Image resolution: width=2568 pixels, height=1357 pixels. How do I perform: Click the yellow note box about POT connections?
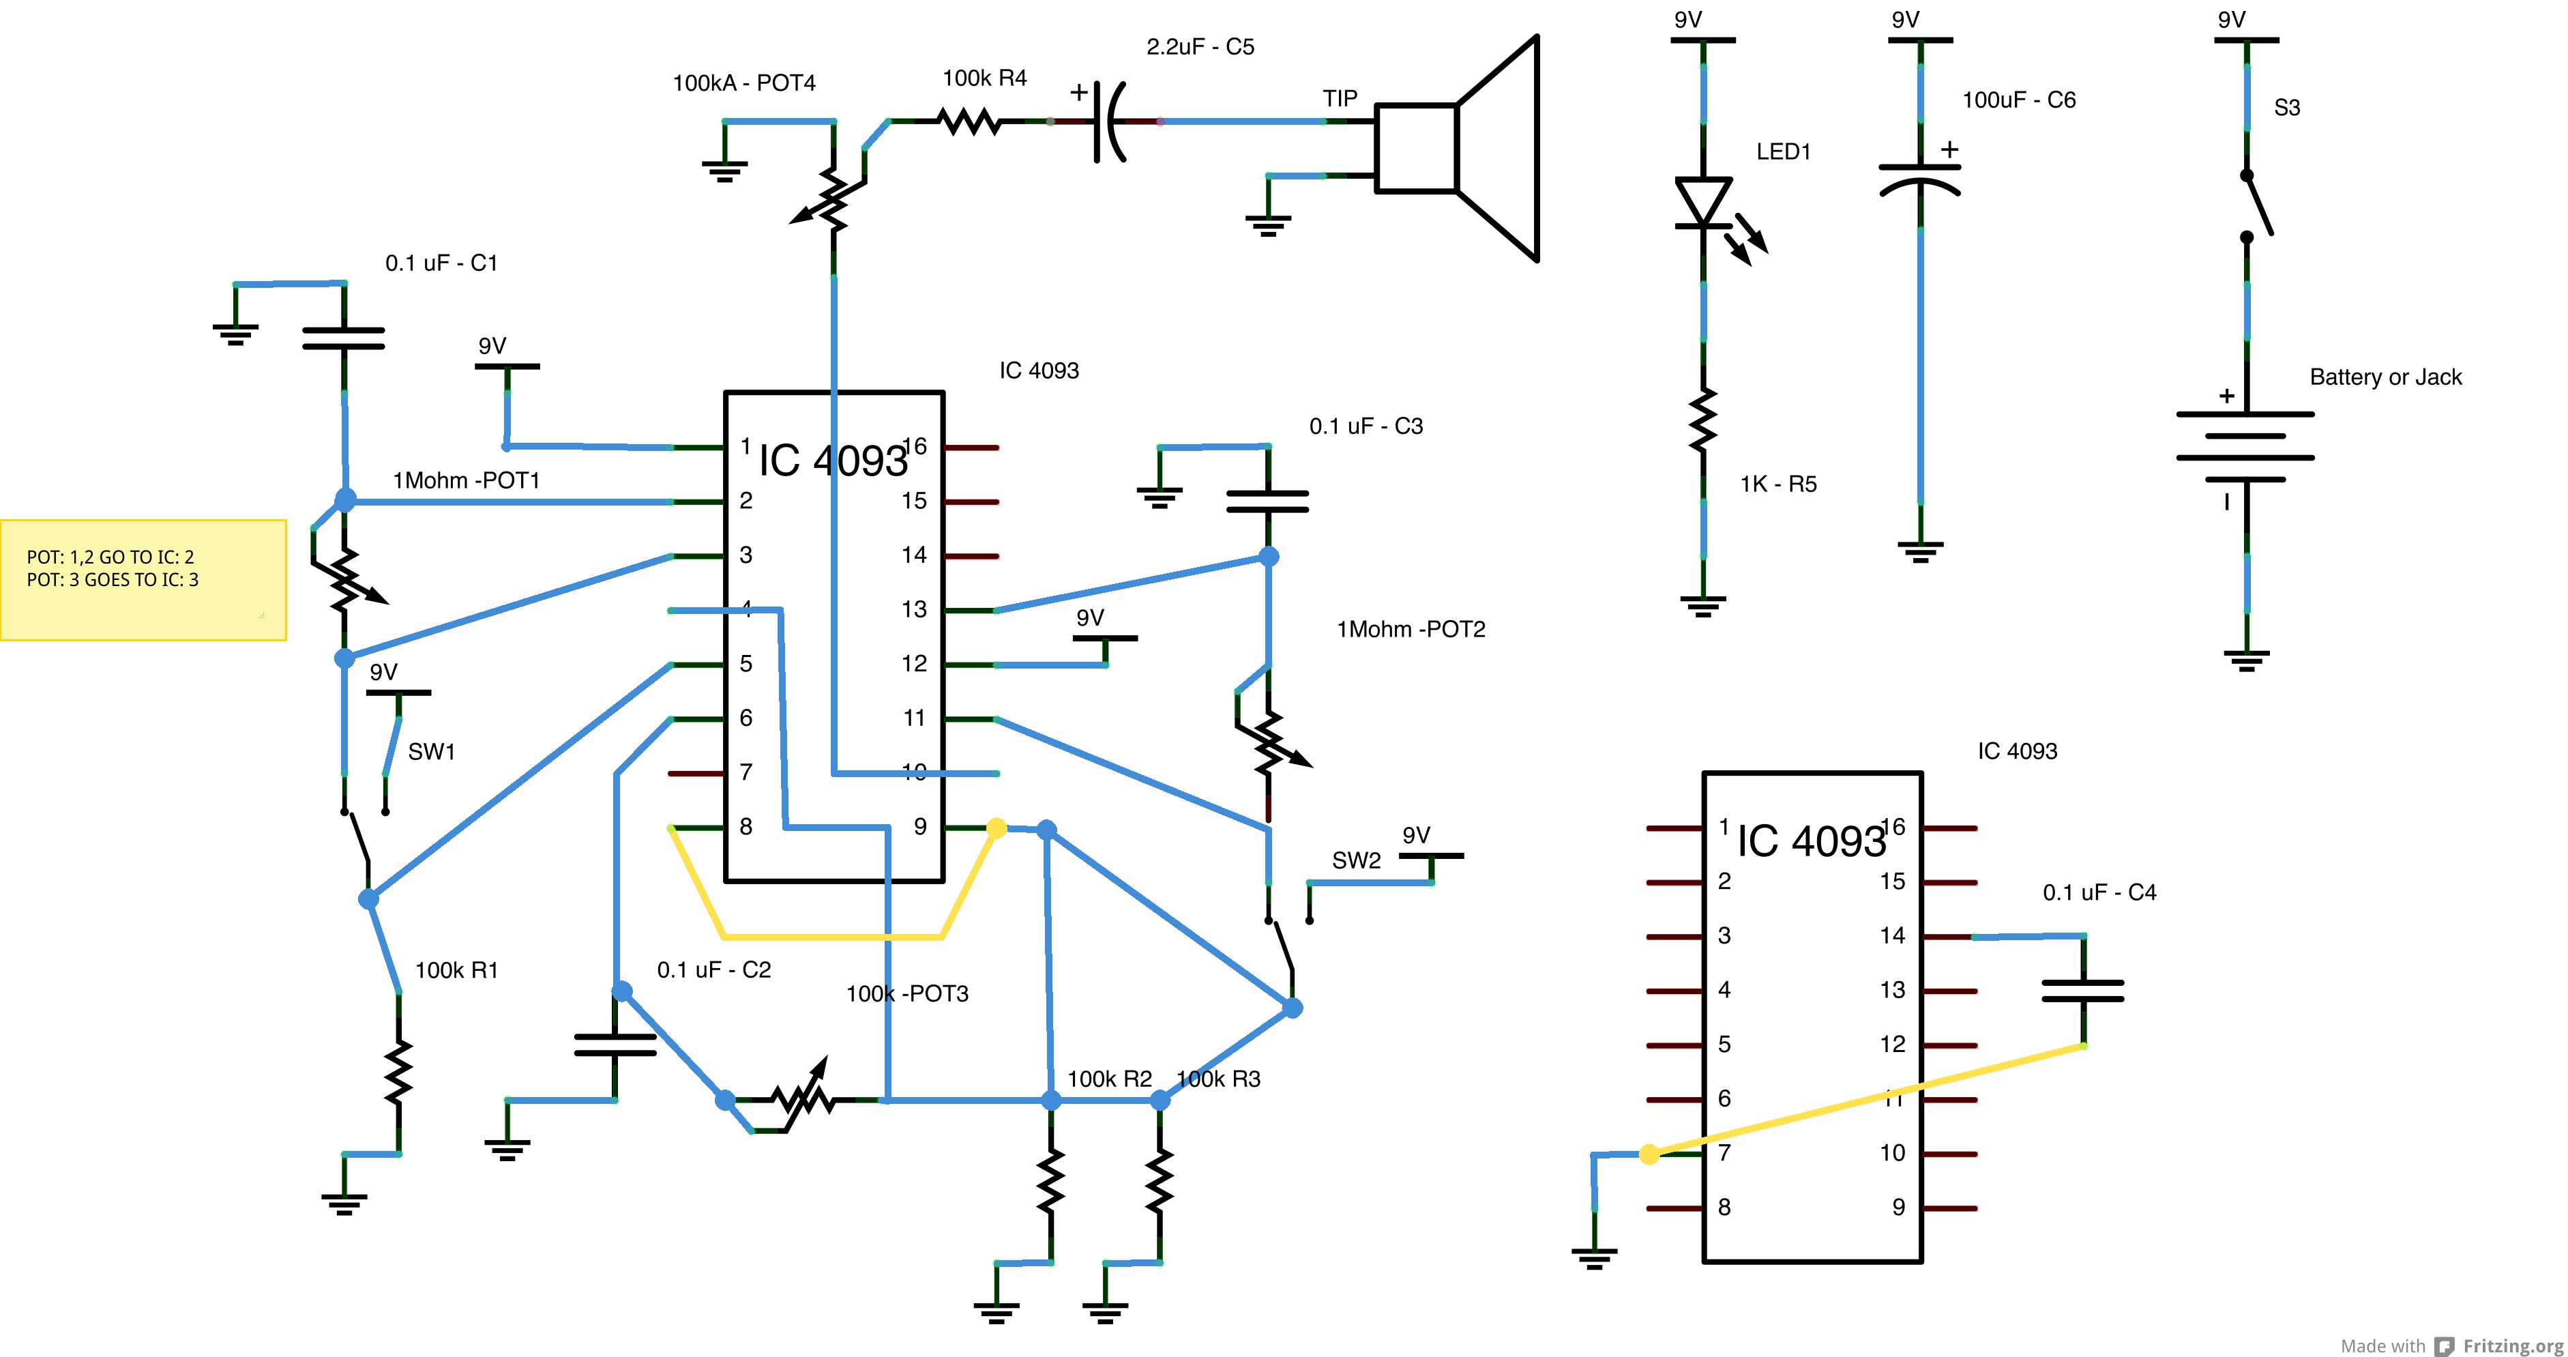click(x=143, y=579)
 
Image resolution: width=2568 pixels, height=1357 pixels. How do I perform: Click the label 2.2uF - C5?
click(x=1200, y=47)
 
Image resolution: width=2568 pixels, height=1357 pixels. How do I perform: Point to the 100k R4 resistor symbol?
click(x=970, y=121)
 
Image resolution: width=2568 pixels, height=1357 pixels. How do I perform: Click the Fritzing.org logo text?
click(x=2512, y=1345)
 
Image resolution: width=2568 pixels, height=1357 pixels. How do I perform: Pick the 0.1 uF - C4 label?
click(x=2099, y=892)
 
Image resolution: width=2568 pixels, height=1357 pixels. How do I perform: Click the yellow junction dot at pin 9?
click(x=996, y=828)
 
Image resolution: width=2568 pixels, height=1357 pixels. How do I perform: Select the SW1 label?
click(x=432, y=752)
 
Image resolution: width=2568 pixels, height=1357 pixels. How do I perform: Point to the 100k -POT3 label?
click(x=907, y=993)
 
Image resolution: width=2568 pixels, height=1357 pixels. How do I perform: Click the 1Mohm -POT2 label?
click(x=1411, y=629)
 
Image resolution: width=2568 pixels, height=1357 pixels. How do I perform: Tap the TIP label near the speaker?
click(x=1340, y=98)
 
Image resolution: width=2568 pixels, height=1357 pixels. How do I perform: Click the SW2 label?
click(x=1356, y=860)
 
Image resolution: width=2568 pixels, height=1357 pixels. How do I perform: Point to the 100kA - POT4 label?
click(x=743, y=83)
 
